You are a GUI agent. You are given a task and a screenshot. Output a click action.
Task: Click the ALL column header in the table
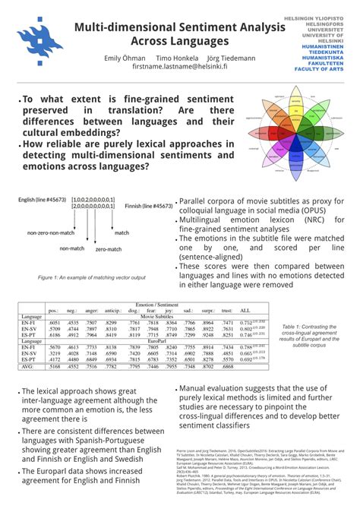(244, 310)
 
